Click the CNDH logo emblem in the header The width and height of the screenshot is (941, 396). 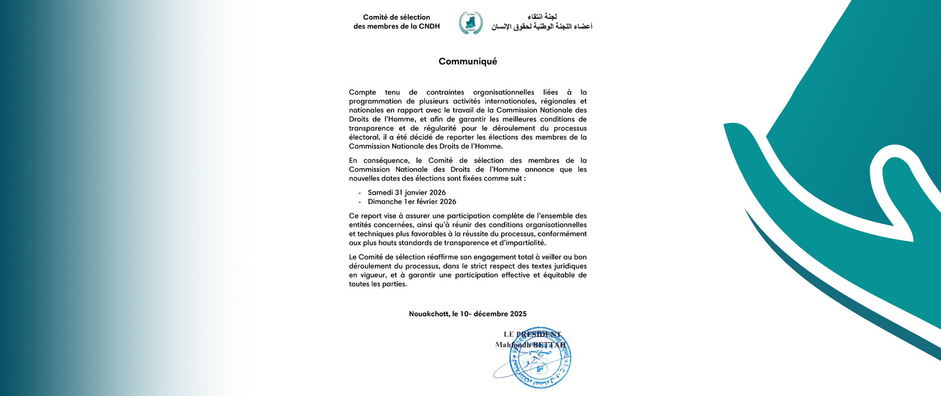[x=470, y=22]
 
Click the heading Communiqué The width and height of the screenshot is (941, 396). [x=468, y=61]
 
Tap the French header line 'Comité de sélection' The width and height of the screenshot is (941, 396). [x=396, y=17]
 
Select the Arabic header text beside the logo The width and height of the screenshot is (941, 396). [x=542, y=22]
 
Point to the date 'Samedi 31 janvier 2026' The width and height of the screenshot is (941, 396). [x=407, y=193]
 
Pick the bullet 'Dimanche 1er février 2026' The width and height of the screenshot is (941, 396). [x=412, y=201]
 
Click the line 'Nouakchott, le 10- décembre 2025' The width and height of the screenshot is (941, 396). [x=468, y=314]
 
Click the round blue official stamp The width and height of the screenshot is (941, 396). [x=540, y=357]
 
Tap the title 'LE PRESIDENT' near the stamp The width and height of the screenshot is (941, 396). [x=532, y=334]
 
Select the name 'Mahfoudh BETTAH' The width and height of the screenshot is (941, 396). [x=530, y=345]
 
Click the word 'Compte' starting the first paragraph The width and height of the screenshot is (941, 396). [x=363, y=92]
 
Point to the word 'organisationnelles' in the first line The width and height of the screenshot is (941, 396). [x=504, y=92]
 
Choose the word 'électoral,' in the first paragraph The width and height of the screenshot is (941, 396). [x=364, y=137]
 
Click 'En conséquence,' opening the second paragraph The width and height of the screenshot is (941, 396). [x=379, y=160]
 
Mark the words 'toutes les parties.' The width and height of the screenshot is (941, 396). [x=378, y=284]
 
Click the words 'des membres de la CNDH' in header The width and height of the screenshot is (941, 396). [x=396, y=26]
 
